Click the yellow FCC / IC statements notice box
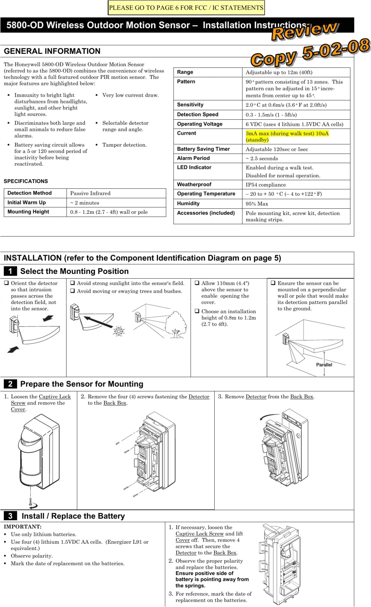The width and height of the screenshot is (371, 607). (x=186, y=8)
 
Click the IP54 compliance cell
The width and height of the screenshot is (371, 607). (x=265, y=185)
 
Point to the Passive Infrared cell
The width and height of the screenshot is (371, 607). (x=90, y=193)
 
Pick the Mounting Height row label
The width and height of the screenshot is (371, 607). (x=28, y=212)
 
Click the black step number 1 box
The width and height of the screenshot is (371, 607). (x=10, y=271)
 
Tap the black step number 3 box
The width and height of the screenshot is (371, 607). (x=10, y=516)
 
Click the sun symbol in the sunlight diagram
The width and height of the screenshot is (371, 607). (x=119, y=331)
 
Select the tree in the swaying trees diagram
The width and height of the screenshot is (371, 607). (x=176, y=324)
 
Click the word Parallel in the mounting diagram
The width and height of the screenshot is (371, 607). (x=324, y=365)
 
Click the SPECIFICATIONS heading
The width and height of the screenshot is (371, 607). (x=26, y=181)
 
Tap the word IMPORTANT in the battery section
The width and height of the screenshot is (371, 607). (x=22, y=527)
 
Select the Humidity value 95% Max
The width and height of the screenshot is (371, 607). (x=257, y=204)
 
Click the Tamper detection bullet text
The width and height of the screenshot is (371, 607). (x=124, y=145)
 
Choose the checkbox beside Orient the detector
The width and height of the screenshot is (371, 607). (x=6, y=283)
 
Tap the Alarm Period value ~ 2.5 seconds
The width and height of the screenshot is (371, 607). (x=262, y=158)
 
